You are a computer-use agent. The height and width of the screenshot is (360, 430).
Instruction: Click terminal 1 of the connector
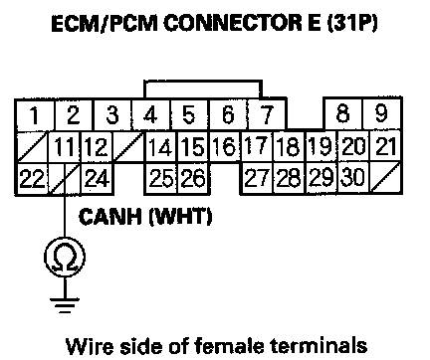[35, 114]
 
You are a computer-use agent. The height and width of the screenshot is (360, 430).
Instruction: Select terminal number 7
[267, 114]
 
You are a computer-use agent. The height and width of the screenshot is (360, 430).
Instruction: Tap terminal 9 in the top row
[382, 113]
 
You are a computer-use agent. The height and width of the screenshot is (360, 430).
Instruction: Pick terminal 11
[65, 147]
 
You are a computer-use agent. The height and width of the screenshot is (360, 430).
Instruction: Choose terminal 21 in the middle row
[385, 146]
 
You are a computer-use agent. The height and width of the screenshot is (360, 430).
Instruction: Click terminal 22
[32, 179]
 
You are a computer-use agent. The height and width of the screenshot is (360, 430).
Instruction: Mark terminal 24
[98, 179]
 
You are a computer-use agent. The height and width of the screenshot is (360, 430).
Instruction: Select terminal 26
[194, 178]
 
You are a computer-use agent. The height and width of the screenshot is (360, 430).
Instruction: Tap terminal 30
[353, 177]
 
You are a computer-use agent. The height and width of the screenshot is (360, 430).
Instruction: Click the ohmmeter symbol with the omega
[65, 258]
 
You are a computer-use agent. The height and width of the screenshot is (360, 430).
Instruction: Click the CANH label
[110, 217]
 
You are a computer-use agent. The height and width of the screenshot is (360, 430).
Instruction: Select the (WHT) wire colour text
[180, 217]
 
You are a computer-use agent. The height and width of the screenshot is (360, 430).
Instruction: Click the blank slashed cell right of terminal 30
[386, 177]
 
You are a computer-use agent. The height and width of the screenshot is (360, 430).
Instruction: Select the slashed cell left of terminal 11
[32, 147]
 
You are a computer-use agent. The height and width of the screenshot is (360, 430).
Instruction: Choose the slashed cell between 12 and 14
[129, 147]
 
